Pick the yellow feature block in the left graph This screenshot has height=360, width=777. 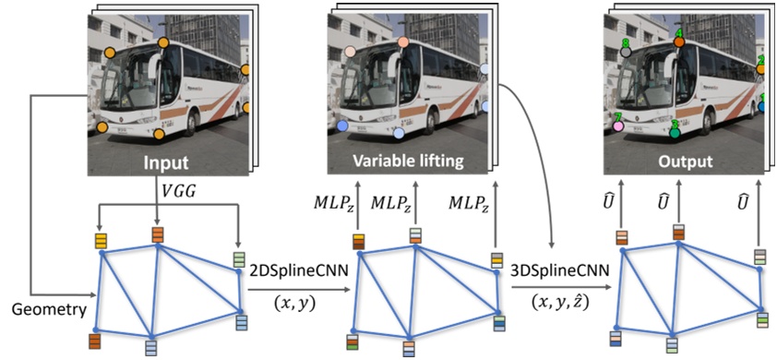[100, 241]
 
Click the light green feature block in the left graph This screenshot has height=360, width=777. [239, 259]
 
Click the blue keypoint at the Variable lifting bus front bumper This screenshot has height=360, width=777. [343, 125]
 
